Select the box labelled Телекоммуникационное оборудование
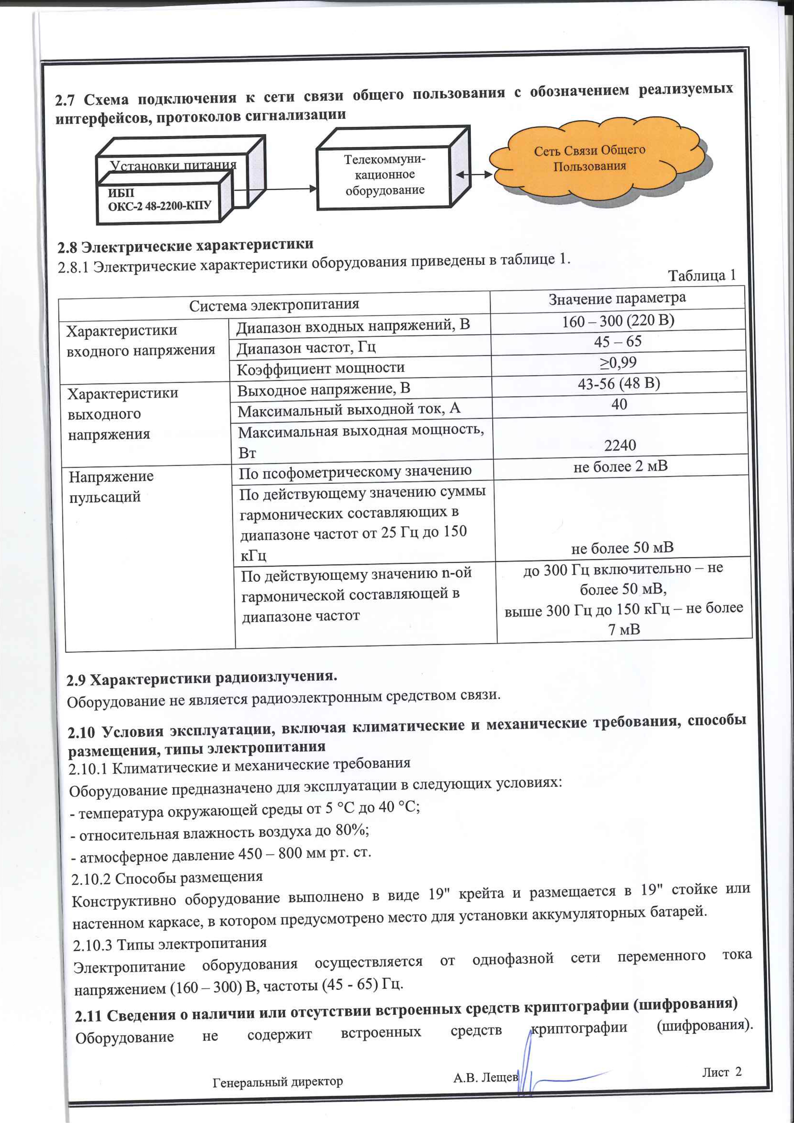[x=384, y=175]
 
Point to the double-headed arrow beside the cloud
[x=473, y=174]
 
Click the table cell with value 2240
[x=620, y=445]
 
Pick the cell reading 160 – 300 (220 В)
[x=618, y=321]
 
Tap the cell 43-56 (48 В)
[x=619, y=383]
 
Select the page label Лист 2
[x=722, y=1072]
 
